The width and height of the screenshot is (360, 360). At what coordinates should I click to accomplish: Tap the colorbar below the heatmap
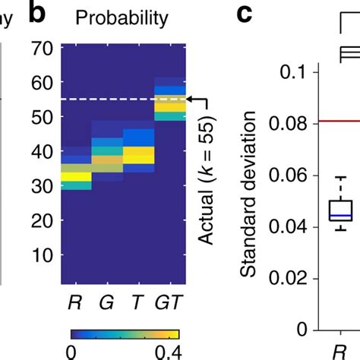[x=125, y=333]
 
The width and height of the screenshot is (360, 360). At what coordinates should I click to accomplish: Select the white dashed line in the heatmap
[x=122, y=99]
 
